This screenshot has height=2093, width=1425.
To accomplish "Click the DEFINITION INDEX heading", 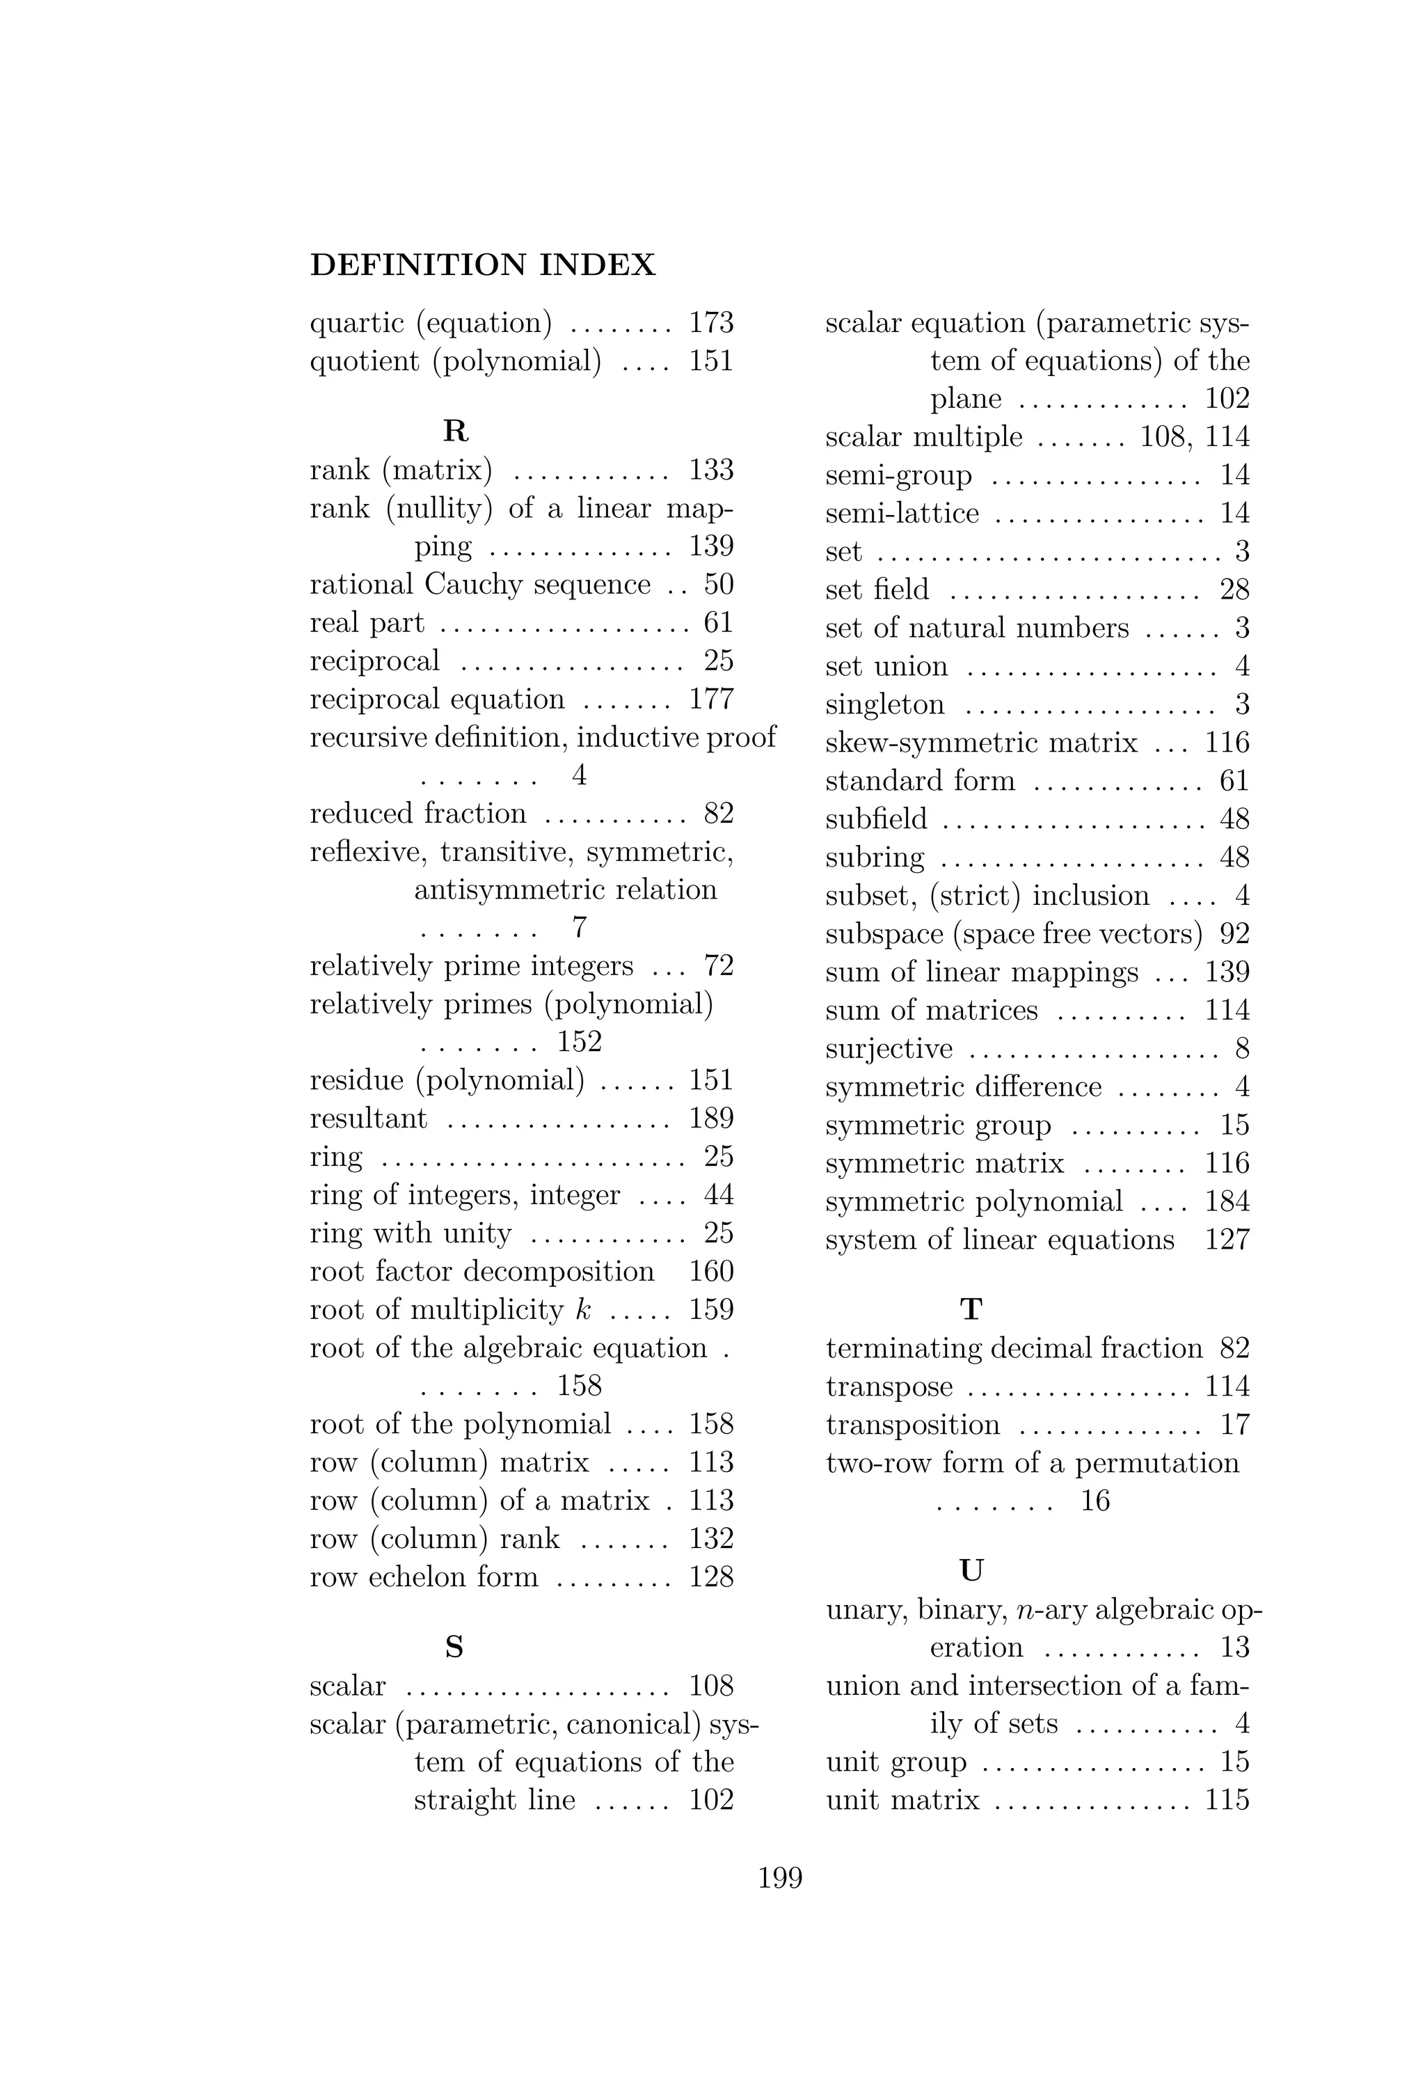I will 482,264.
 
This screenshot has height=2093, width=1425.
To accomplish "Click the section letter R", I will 456,432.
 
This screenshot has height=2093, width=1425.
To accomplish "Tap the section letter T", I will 971,1309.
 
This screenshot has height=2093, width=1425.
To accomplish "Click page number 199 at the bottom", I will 779,1878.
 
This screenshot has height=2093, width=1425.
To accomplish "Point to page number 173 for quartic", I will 711,322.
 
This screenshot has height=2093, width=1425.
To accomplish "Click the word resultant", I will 368,1119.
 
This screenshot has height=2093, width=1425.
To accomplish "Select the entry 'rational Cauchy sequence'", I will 480,585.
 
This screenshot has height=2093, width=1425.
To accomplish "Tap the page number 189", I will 711,1119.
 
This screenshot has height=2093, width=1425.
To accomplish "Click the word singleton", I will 885,704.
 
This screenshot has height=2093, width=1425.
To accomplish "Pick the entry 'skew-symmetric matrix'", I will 981,743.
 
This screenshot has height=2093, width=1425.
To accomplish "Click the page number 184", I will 1227,1201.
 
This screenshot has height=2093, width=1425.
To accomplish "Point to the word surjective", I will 889,1049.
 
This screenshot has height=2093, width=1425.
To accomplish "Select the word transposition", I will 913,1425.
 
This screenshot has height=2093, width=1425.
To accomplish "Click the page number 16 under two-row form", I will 1094,1501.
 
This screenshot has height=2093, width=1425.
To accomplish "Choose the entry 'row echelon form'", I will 423,1577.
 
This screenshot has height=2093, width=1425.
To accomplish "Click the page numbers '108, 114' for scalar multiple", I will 1195,437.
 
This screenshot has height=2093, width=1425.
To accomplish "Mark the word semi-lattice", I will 902,514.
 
